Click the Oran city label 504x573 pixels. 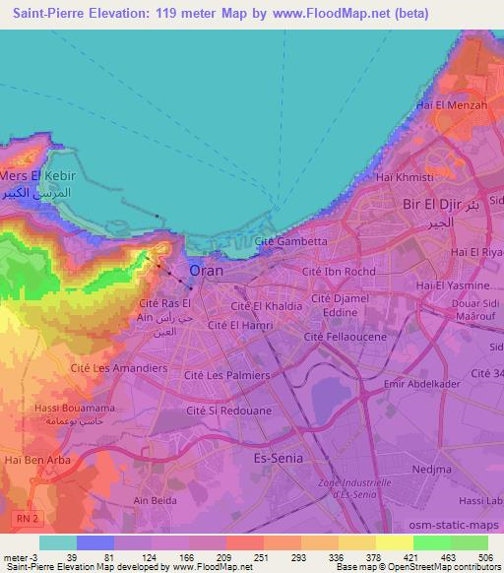[205, 270]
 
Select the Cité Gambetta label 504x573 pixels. [290, 241]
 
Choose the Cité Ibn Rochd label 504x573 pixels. [340, 271]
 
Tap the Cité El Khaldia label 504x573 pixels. [267, 305]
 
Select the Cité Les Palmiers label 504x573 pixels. [226, 375]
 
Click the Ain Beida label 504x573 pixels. [154, 501]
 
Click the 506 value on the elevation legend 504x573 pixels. [487, 556]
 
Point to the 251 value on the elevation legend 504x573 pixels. [225, 556]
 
